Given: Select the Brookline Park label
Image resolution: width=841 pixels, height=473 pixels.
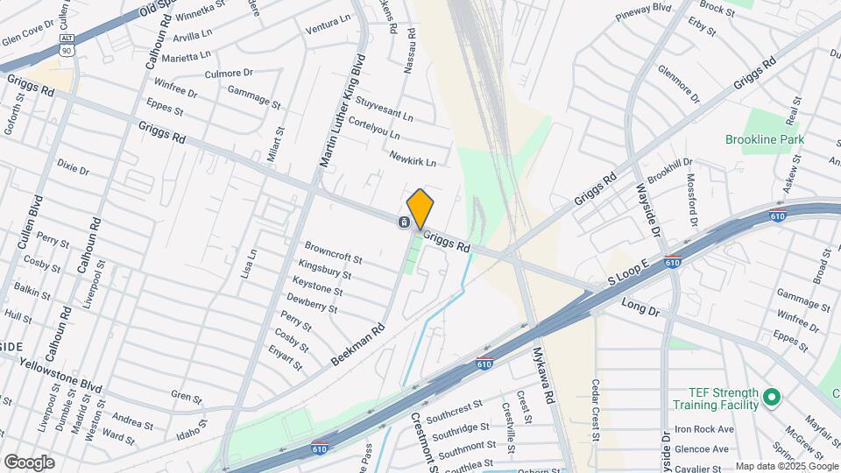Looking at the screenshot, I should pyautogui.click(x=765, y=139).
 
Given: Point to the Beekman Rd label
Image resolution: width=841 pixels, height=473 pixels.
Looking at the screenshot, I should pyautogui.click(x=358, y=346).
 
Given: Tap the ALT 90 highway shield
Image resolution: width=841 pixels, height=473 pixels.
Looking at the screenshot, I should pyautogui.click(x=67, y=45).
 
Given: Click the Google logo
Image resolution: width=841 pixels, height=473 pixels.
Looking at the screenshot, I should pyautogui.click(x=29, y=462).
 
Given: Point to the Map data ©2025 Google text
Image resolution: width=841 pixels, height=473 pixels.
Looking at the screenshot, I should pyautogui.click(x=786, y=466).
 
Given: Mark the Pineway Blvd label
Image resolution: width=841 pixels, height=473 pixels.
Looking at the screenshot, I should pyautogui.click(x=642, y=12).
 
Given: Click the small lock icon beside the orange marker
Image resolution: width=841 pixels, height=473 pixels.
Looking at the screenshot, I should pyautogui.click(x=402, y=222).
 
